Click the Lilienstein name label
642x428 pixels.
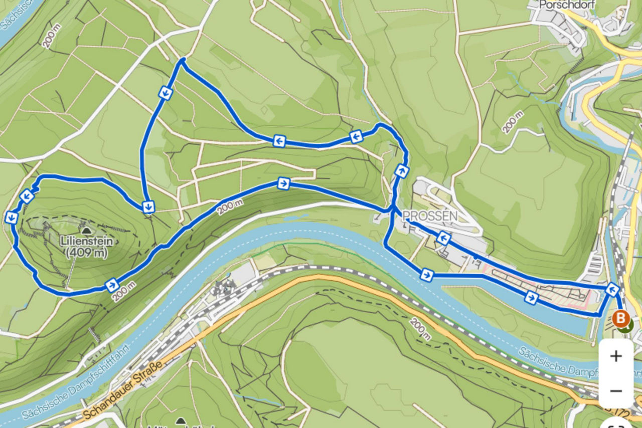(86, 241)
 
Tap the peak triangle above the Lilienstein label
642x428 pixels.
(86, 231)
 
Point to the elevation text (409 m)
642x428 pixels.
(86, 253)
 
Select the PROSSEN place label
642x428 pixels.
(430, 216)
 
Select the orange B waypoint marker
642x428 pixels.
(621, 318)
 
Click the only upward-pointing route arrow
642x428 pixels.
(401, 170)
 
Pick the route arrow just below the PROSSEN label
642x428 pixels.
(442, 238)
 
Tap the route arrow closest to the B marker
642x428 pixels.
(611, 289)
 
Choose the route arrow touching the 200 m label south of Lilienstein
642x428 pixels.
(112, 285)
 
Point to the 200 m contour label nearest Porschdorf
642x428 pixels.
(513, 122)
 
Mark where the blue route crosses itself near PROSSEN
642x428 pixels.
(392, 209)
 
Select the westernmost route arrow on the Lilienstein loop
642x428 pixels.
(11, 218)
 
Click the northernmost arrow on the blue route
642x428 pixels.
(166, 93)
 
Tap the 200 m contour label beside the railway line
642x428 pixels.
(421, 328)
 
